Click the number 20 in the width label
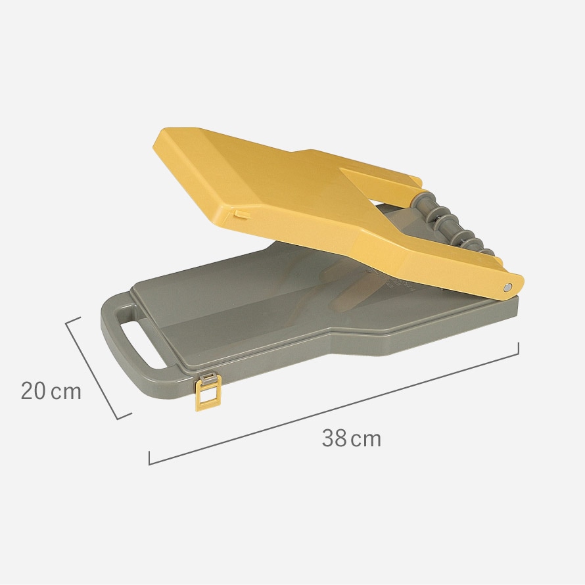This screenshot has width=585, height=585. [x=34, y=391]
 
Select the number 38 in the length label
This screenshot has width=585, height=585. [x=335, y=438]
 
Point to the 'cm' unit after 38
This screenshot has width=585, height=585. [x=366, y=440]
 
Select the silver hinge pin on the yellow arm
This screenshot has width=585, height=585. [x=507, y=287]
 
